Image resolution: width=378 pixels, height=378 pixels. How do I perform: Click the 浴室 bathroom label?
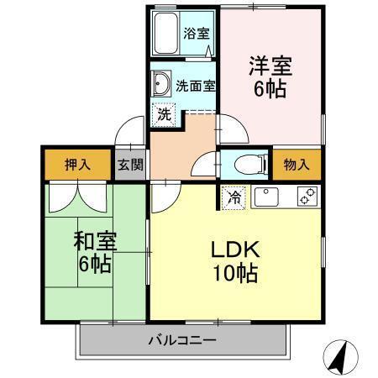(197, 34)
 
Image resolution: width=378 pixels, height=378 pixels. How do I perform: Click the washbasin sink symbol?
(160, 84)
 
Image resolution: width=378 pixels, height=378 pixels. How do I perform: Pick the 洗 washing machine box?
(165, 114)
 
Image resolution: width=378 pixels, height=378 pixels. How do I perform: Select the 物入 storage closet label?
(296, 164)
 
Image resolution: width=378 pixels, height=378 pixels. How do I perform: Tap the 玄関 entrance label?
(129, 164)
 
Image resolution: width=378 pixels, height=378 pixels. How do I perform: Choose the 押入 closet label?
(77, 164)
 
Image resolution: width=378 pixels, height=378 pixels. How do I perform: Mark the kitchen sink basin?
(266, 197)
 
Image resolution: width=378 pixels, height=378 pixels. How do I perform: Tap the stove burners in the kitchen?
(307, 197)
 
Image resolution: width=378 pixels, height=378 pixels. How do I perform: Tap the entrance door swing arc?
(130, 132)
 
